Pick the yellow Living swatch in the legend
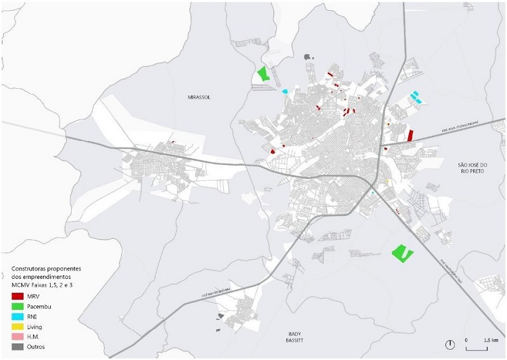(x=17, y=327)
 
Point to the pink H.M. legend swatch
(x=17, y=337)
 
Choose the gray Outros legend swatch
(x=17, y=347)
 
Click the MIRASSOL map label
(x=199, y=97)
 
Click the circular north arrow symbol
(x=450, y=345)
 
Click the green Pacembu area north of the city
(x=263, y=73)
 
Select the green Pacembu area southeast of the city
(x=402, y=253)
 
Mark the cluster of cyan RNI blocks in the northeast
(x=416, y=97)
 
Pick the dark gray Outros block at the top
(x=310, y=57)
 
